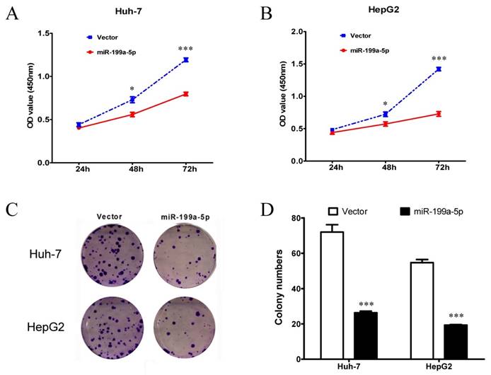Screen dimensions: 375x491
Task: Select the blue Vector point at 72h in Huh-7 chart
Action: click(186, 60)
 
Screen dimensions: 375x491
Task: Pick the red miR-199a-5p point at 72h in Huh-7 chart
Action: click(186, 94)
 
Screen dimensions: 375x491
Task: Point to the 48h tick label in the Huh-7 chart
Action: click(132, 171)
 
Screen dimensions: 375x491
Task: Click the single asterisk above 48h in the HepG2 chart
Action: click(386, 103)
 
